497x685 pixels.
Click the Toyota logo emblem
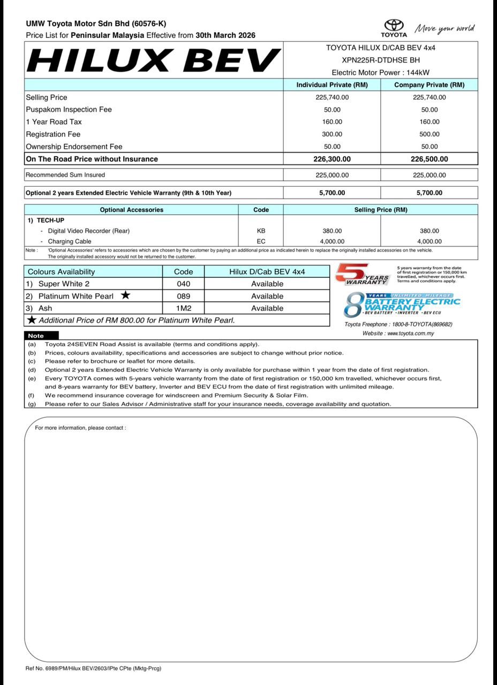point(394,26)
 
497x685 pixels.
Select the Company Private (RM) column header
point(429,85)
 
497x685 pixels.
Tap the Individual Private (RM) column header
point(332,85)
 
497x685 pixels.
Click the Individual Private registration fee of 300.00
point(332,134)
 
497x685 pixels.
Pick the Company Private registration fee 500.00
point(429,134)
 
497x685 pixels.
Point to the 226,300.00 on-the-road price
point(332,159)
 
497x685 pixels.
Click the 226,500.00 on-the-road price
point(429,159)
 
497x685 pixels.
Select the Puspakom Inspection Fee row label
point(69,110)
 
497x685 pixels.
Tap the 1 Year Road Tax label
point(54,122)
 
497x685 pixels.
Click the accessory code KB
point(261,231)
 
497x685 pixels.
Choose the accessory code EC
point(261,241)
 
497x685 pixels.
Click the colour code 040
point(183,284)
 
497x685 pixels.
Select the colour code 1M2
point(183,308)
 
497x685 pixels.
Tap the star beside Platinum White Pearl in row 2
point(125,295)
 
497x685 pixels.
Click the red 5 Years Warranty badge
point(362,275)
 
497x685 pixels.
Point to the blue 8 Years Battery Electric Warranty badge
point(401,303)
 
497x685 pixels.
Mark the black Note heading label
point(36,336)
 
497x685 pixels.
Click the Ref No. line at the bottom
point(93,668)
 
